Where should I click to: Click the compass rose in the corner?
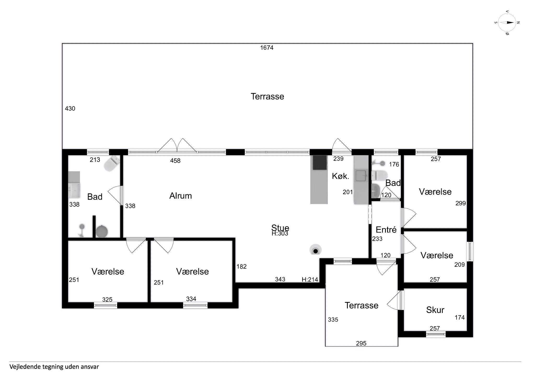coord(507,22)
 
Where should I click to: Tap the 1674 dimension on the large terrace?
coord(267,48)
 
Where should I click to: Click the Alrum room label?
coord(181,196)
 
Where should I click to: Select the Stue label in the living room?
coord(280,228)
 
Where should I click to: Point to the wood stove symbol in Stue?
coord(316,250)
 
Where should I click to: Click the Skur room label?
coord(435,310)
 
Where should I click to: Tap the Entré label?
coord(386,230)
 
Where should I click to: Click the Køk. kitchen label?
coord(340,176)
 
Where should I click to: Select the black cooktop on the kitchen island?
coord(320,162)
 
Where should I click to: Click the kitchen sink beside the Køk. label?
coord(361,176)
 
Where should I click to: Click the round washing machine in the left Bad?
coord(102,232)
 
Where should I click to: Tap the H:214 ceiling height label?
coord(310,280)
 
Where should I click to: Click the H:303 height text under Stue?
coord(280,233)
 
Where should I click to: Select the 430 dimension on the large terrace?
coord(70,109)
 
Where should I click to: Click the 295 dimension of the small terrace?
coord(361,344)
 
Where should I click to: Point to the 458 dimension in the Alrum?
coord(175,161)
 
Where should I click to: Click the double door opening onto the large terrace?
coord(177,145)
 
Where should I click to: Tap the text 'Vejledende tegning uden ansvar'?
coord(54,367)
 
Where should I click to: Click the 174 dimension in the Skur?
coord(460,318)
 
